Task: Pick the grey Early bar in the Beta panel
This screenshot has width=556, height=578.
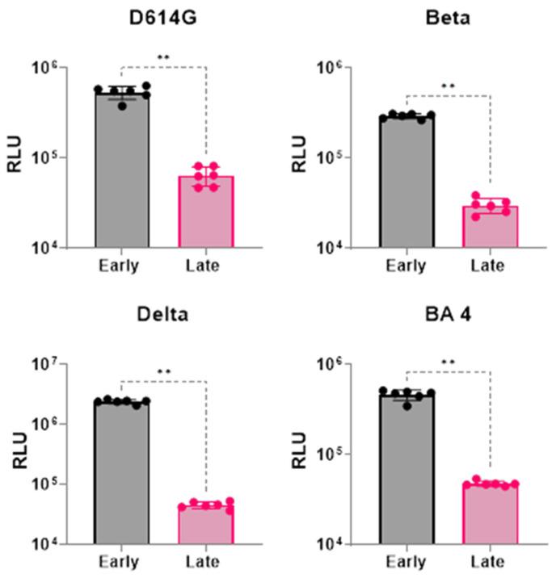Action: [x=407, y=182]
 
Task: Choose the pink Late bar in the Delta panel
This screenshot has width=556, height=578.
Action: [x=206, y=524]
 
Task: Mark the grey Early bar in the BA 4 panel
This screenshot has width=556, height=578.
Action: [x=407, y=468]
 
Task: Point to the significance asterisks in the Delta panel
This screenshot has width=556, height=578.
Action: [x=164, y=373]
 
